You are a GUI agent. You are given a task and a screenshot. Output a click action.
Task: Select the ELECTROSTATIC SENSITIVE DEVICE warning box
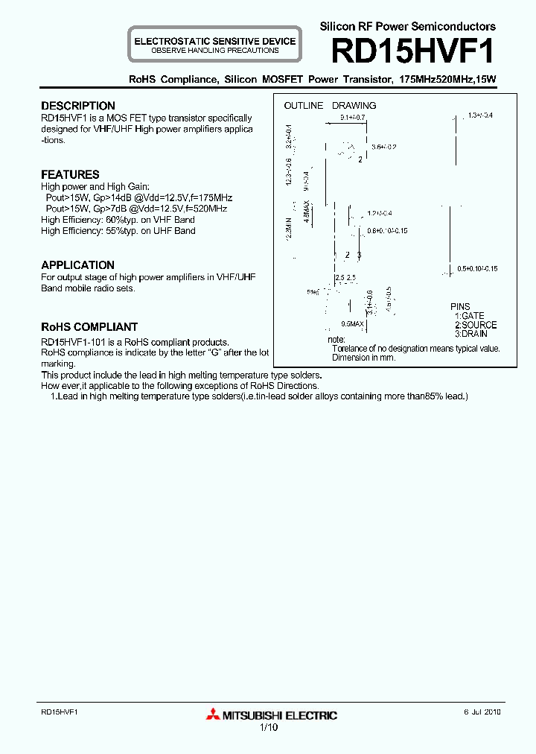click(214, 45)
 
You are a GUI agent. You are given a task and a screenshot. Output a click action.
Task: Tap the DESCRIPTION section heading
click(78, 106)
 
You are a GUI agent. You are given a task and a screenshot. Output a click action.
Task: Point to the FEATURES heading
click(70, 174)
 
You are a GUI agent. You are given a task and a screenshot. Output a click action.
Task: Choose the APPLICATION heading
click(77, 265)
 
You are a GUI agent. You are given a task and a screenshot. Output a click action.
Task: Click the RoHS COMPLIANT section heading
click(89, 327)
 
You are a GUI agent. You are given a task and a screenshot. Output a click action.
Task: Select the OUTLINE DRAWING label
click(330, 106)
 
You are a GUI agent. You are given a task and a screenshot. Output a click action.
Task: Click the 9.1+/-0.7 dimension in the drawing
click(352, 118)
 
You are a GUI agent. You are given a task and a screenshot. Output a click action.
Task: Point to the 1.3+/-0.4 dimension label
click(481, 115)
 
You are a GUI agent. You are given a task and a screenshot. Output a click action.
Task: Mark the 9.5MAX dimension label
click(352, 324)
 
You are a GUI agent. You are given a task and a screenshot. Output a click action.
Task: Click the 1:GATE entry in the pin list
click(470, 316)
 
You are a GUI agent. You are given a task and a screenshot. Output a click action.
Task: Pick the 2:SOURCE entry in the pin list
click(476, 325)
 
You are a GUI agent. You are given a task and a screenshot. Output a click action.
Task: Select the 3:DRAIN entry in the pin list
click(472, 334)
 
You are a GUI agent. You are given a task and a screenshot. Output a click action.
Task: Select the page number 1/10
click(268, 728)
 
